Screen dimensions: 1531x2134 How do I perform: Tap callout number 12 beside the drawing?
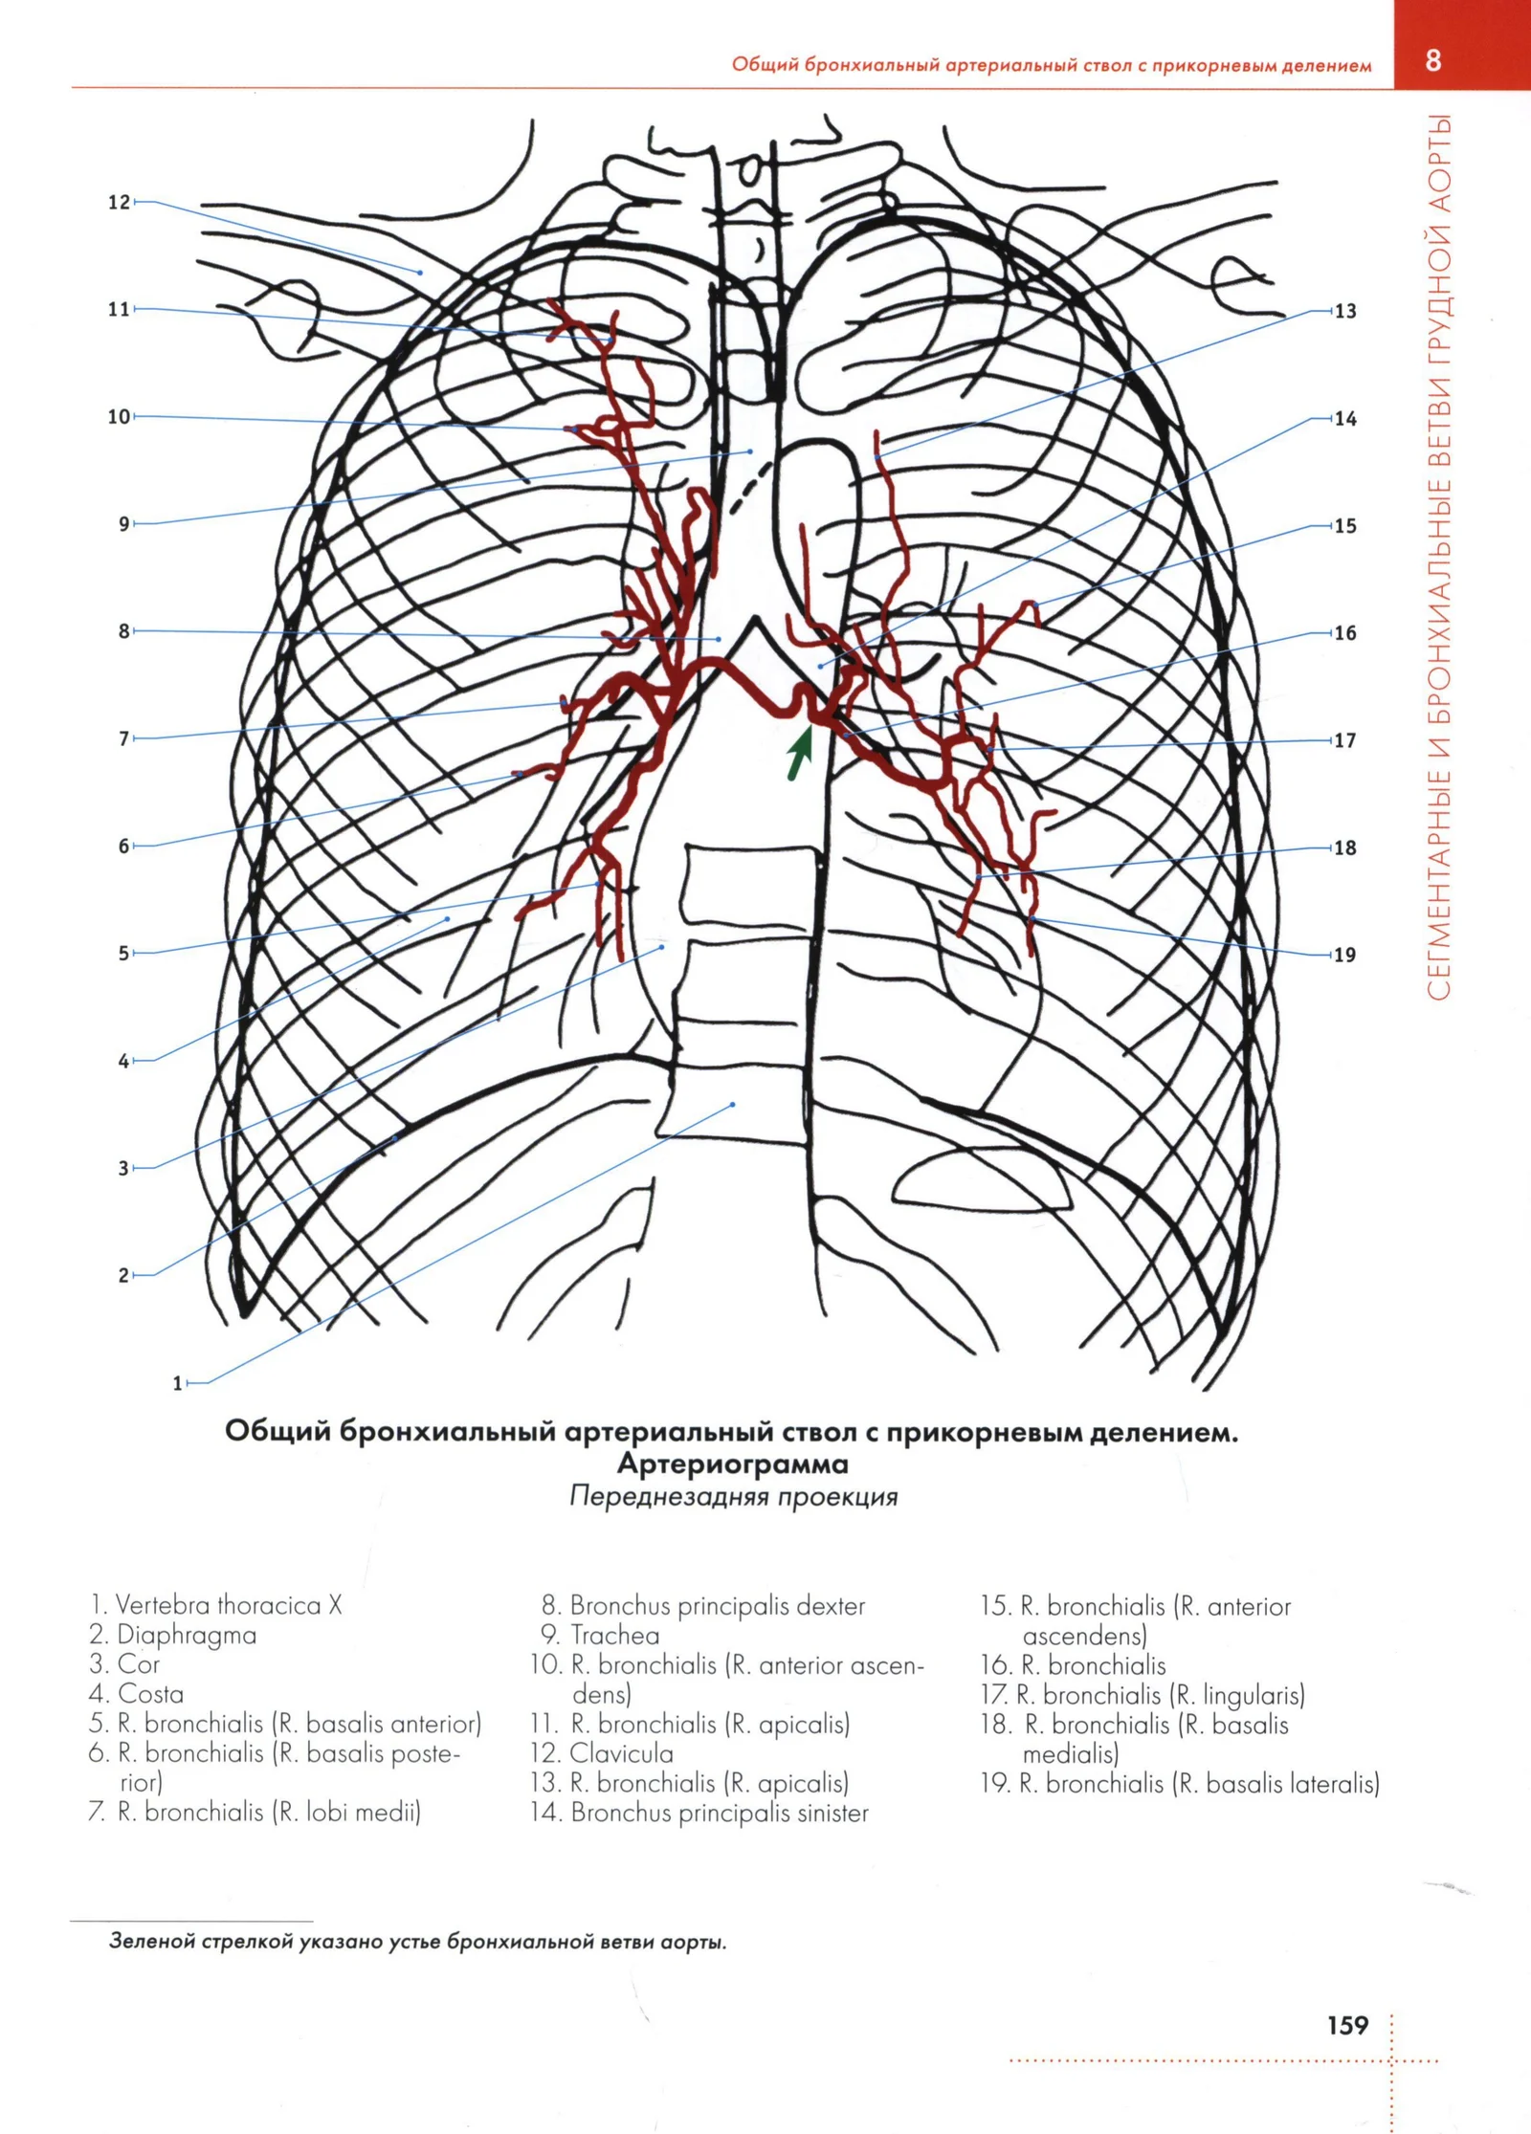pos(119,202)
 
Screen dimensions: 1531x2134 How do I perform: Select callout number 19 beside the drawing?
pos(1344,955)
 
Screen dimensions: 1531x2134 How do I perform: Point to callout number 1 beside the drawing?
pos(177,1383)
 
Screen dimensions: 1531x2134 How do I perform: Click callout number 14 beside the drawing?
pos(1345,419)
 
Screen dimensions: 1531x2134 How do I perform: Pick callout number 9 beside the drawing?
pos(124,524)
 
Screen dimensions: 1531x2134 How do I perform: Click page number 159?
pos(1347,2024)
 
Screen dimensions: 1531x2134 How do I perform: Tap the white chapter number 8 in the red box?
pos(1432,60)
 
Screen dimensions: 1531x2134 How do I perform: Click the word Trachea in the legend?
pos(615,1635)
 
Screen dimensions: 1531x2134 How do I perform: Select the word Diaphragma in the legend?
pos(187,1636)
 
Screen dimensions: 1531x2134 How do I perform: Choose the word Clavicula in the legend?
pos(622,1753)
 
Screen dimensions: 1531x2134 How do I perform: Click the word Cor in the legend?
pos(139,1664)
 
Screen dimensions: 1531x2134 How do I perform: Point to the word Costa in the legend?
pos(150,1694)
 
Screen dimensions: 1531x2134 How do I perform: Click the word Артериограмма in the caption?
pos(733,1464)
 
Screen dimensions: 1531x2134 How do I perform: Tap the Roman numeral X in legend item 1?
pos(335,1605)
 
